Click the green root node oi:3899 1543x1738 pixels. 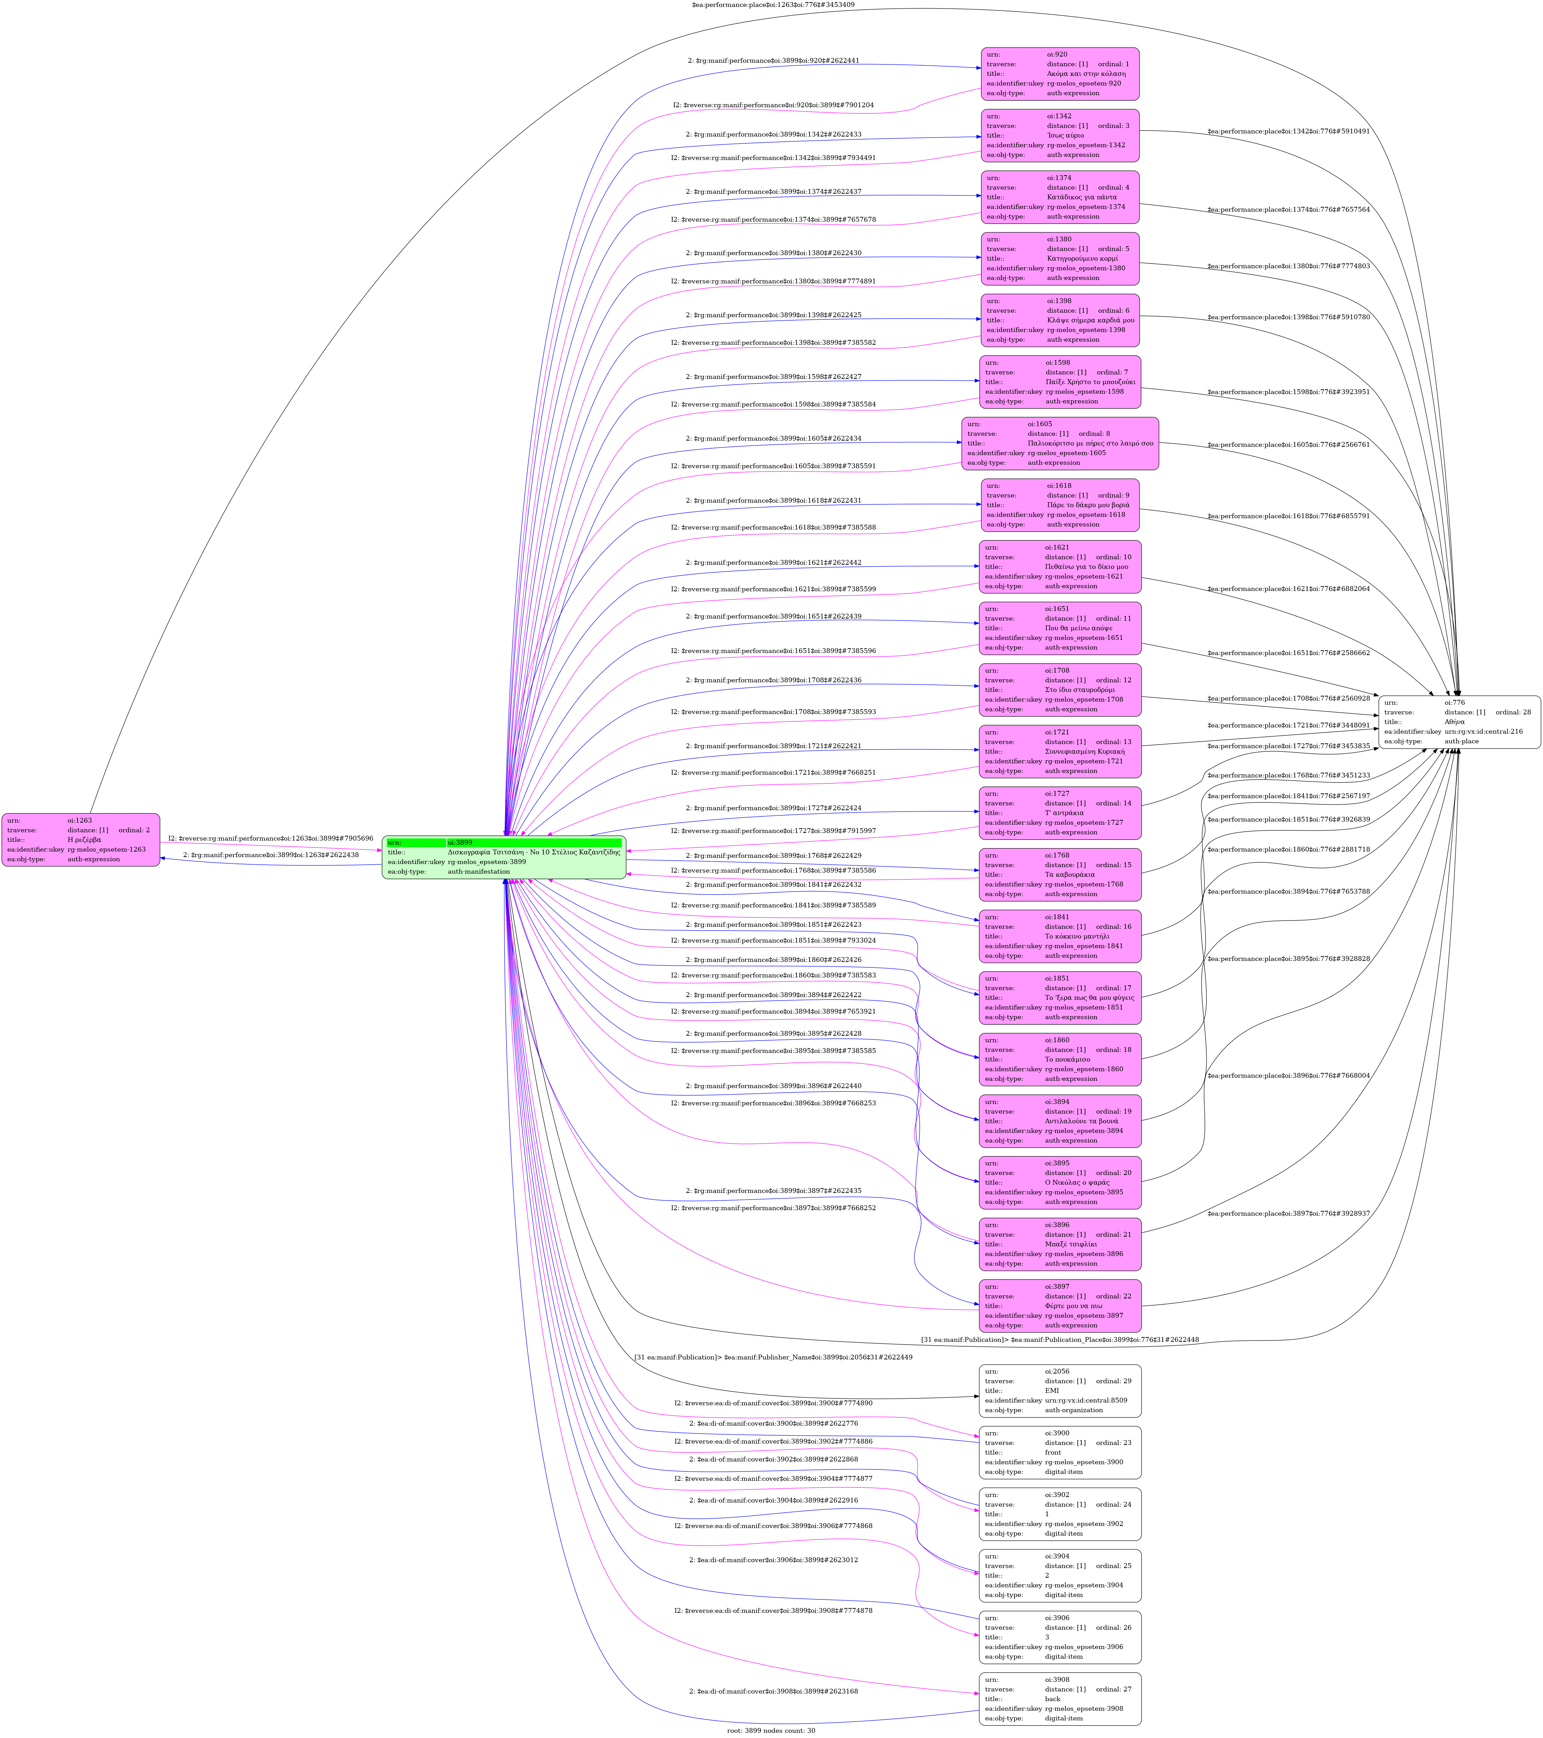(x=504, y=857)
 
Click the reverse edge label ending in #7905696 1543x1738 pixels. (x=270, y=838)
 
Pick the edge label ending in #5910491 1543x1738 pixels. (x=1288, y=132)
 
